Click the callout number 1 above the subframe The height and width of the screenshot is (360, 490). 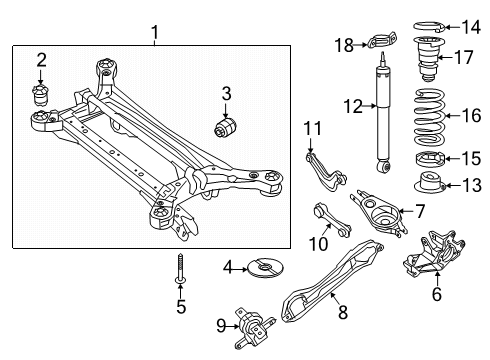pos(154,35)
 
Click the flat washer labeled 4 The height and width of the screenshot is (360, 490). pos(267,267)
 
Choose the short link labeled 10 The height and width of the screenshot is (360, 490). pos(324,245)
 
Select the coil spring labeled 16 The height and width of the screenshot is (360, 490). pos(430,115)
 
